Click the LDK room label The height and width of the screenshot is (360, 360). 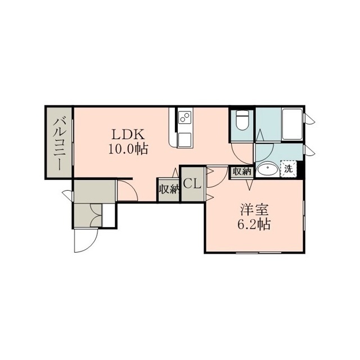128,134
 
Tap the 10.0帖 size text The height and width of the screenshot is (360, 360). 128,150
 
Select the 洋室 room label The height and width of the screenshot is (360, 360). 254,210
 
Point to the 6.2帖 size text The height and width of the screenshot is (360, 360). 254,224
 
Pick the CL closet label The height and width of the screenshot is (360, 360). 192,184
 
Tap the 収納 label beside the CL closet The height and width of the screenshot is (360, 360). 169,190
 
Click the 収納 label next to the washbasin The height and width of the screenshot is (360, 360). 242,172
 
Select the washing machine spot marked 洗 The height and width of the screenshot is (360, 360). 289,169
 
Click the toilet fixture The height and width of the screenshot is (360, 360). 242,120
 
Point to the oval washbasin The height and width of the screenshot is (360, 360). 268,170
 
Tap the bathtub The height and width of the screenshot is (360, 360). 292,124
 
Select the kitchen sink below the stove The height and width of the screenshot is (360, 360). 185,139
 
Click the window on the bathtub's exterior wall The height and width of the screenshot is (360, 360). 308,119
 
